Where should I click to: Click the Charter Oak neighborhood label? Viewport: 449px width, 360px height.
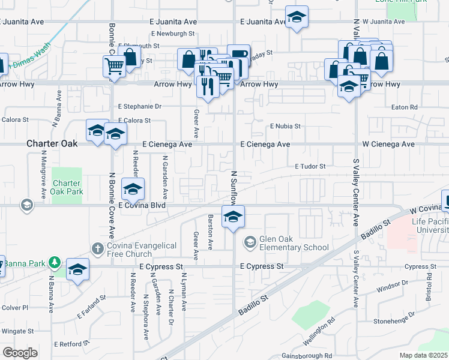[x=50, y=144]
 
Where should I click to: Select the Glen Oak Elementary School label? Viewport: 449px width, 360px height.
[x=294, y=243]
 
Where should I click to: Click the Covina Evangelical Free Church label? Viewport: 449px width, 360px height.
[x=142, y=250]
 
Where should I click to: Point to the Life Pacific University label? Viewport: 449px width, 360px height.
[x=430, y=226]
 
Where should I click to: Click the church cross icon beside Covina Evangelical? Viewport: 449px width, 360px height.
[x=98, y=247]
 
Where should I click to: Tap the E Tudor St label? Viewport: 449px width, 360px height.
[x=310, y=166]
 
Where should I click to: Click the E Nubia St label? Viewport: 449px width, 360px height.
[x=285, y=127]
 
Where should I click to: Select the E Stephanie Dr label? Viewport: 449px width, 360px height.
[x=140, y=106]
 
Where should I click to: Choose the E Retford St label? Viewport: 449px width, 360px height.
[x=71, y=345]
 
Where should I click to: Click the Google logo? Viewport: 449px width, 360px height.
[x=20, y=353]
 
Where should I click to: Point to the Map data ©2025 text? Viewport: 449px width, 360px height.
[x=424, y=355]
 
